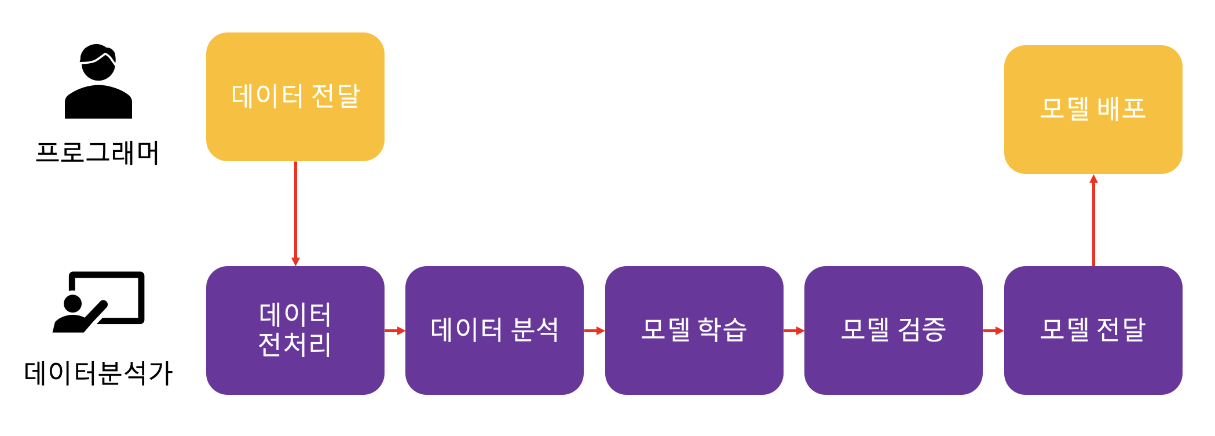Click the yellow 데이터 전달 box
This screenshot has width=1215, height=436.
point(295,97)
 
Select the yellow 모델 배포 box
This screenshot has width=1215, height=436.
point(1093,110)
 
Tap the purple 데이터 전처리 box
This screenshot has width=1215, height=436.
point(295,330)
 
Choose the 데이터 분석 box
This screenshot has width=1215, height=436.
point(494,330)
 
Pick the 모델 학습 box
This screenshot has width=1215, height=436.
point(694,330)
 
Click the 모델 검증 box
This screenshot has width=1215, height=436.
point(893,330)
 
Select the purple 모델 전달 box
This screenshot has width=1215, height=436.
point(1093,330)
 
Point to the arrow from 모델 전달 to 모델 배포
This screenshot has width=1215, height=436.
point(1093,220)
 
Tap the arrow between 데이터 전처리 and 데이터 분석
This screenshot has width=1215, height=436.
point(395,331)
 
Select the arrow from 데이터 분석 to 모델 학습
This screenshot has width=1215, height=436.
point(594,331)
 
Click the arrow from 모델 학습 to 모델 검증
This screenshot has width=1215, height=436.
point(794,331)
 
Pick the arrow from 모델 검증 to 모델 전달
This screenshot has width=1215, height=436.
point(993,331)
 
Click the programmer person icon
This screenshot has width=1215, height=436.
point(98,82)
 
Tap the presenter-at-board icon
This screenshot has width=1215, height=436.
point(99,302)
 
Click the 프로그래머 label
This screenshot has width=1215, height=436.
point(97,153)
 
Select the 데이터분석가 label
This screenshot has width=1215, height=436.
point(98,373)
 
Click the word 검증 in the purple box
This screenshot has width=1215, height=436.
point(921,330)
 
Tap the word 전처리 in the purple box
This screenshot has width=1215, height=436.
point(295,345)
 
